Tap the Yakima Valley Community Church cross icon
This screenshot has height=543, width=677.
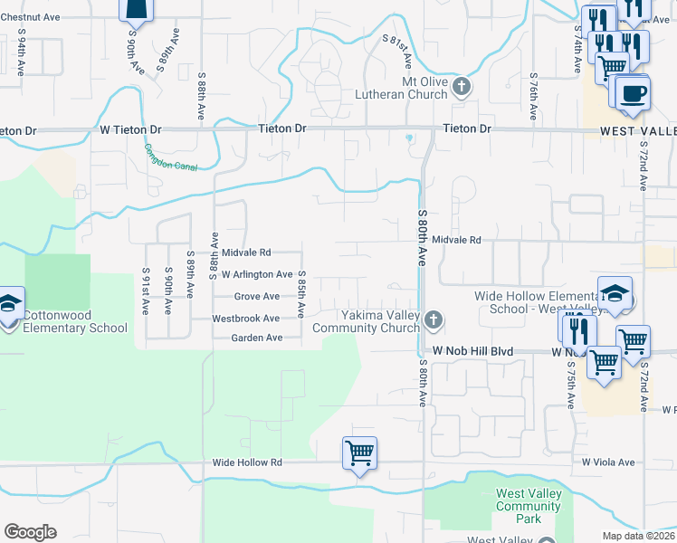pyautogui.click(x=434, y=319)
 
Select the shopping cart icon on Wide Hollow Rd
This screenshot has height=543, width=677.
pyautogui.click(x=359, y=452)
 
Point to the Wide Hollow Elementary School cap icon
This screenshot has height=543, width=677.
pyautogui.click(x=615, y=293)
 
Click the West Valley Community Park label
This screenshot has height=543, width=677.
pyautogui.click(x=529, y=506)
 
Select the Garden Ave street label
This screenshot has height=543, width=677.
pyautogui.click(x=257, y=338)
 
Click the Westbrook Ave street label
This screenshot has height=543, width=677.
pyautogui.click(x=246, y=319)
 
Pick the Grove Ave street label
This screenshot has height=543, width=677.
pyautogui.click(x=257, y=296)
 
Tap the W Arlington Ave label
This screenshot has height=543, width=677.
pyautogui.click(x=251, y=274)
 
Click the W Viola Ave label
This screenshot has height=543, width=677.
pyautogui.click(x=608, y=462)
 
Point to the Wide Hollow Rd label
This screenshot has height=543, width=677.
pyautogui.click(x=247, y=462)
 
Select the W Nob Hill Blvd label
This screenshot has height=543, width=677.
pyautogui.click(x=472, y=350)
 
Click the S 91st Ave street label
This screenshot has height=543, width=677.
pyautogui.click(x=145, y=290)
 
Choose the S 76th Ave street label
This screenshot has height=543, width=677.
pyautogui.click(x=534, y=98)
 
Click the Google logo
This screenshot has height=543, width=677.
pyautogui.click(x=30, y=532)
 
